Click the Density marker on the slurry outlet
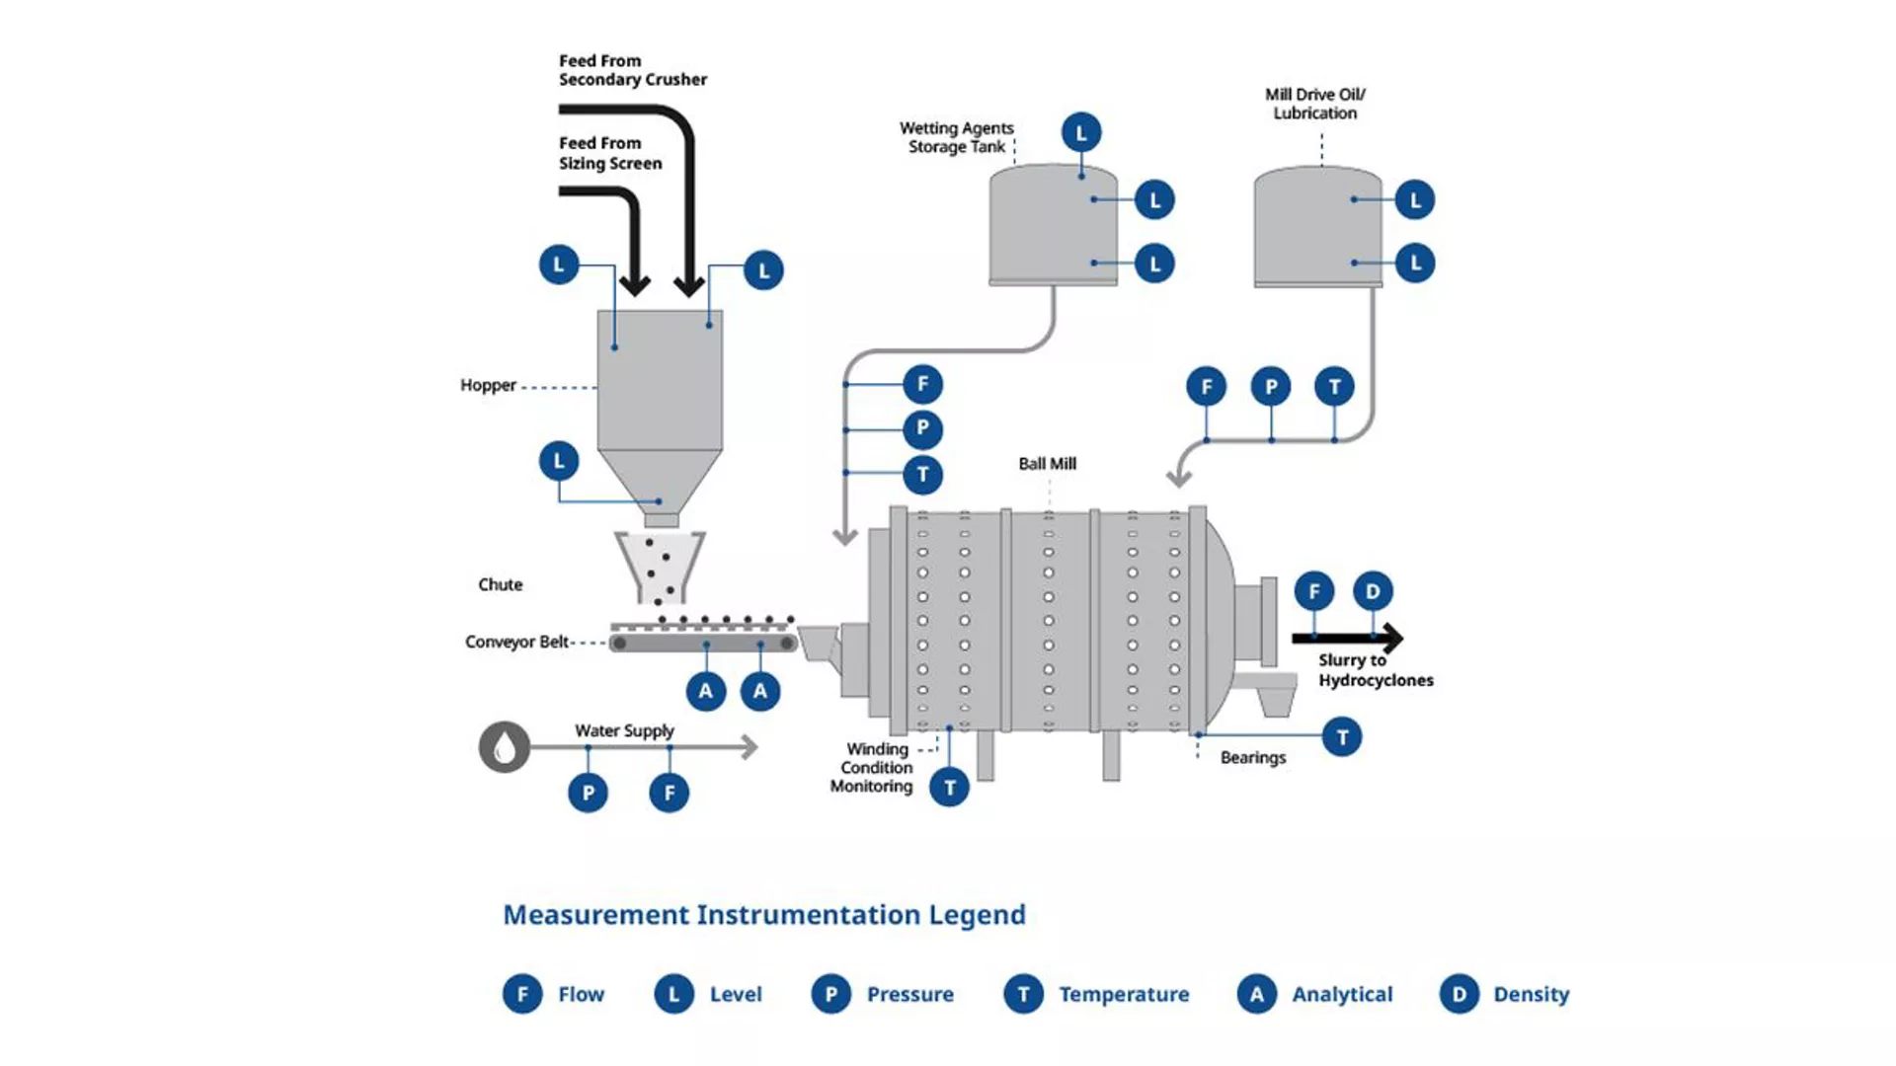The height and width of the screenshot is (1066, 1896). (1373, 591)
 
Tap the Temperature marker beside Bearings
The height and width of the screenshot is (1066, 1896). (1342, 737)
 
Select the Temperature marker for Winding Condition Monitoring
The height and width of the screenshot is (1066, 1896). (949, 788)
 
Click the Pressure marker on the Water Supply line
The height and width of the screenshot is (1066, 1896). (589, 793)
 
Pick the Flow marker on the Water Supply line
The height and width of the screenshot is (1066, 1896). (670, 793)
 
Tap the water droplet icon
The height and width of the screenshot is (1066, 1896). (505, 747)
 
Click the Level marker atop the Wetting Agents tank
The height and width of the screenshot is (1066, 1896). (1081, 132)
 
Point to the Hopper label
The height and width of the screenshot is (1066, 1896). (488, 385)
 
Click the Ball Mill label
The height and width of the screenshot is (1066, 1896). (1047, 464)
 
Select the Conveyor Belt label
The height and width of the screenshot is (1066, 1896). (516, 642)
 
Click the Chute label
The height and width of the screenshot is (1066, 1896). (500, 584)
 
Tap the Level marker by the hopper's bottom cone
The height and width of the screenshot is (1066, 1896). (559, 461)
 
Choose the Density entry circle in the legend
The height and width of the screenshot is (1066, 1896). (1459, 994)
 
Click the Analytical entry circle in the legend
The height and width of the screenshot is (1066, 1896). (1256, 994)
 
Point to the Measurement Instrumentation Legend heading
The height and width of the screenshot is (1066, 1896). (764, 915)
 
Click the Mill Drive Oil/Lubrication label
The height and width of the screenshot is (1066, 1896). (1314, 104)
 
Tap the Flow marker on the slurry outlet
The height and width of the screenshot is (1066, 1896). (1314, 591)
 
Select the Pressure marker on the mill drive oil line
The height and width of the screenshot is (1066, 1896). (1271, 387)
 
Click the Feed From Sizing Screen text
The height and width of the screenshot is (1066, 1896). (609, 153)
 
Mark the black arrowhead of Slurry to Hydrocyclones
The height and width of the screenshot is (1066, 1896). (1391, 639)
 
